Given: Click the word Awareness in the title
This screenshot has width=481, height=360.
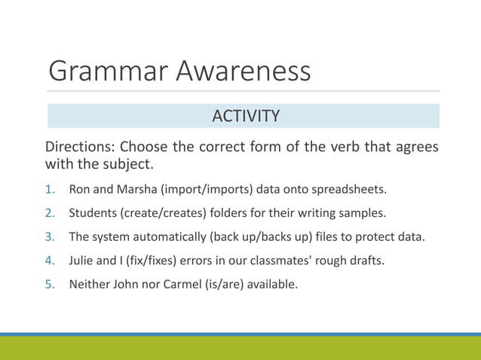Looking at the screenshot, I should (244, 72).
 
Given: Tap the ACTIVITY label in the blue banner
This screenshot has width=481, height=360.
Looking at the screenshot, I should (246, 116).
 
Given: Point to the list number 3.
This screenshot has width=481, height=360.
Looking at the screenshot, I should (50, 236).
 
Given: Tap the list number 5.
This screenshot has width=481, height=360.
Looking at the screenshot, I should (50, 285).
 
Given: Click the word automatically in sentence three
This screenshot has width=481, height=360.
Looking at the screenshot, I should (170, 236).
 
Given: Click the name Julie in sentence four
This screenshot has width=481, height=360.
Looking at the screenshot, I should (82, 261).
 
